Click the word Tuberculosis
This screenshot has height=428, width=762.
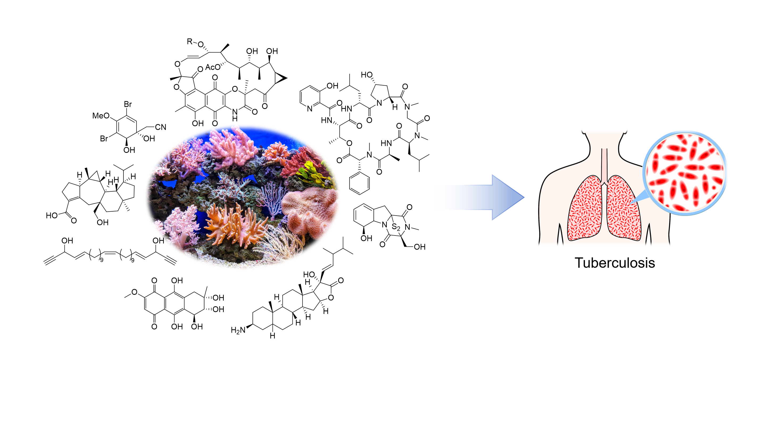point(614,263)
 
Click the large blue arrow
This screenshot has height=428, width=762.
point(491,197)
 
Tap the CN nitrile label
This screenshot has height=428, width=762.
point(161,127)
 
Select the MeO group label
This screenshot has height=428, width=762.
point(101,116)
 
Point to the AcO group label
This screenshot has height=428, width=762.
point(213,68)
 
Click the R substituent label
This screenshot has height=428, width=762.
point(189,41)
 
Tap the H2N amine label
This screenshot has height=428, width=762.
point(238,330)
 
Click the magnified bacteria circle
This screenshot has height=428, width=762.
point(685,173)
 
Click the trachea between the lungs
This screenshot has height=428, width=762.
point(604,166)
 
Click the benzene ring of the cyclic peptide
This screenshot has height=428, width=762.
point(359,183)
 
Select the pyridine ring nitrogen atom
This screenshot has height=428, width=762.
point(310,109)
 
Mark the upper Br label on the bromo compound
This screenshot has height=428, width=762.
point(128,104)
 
